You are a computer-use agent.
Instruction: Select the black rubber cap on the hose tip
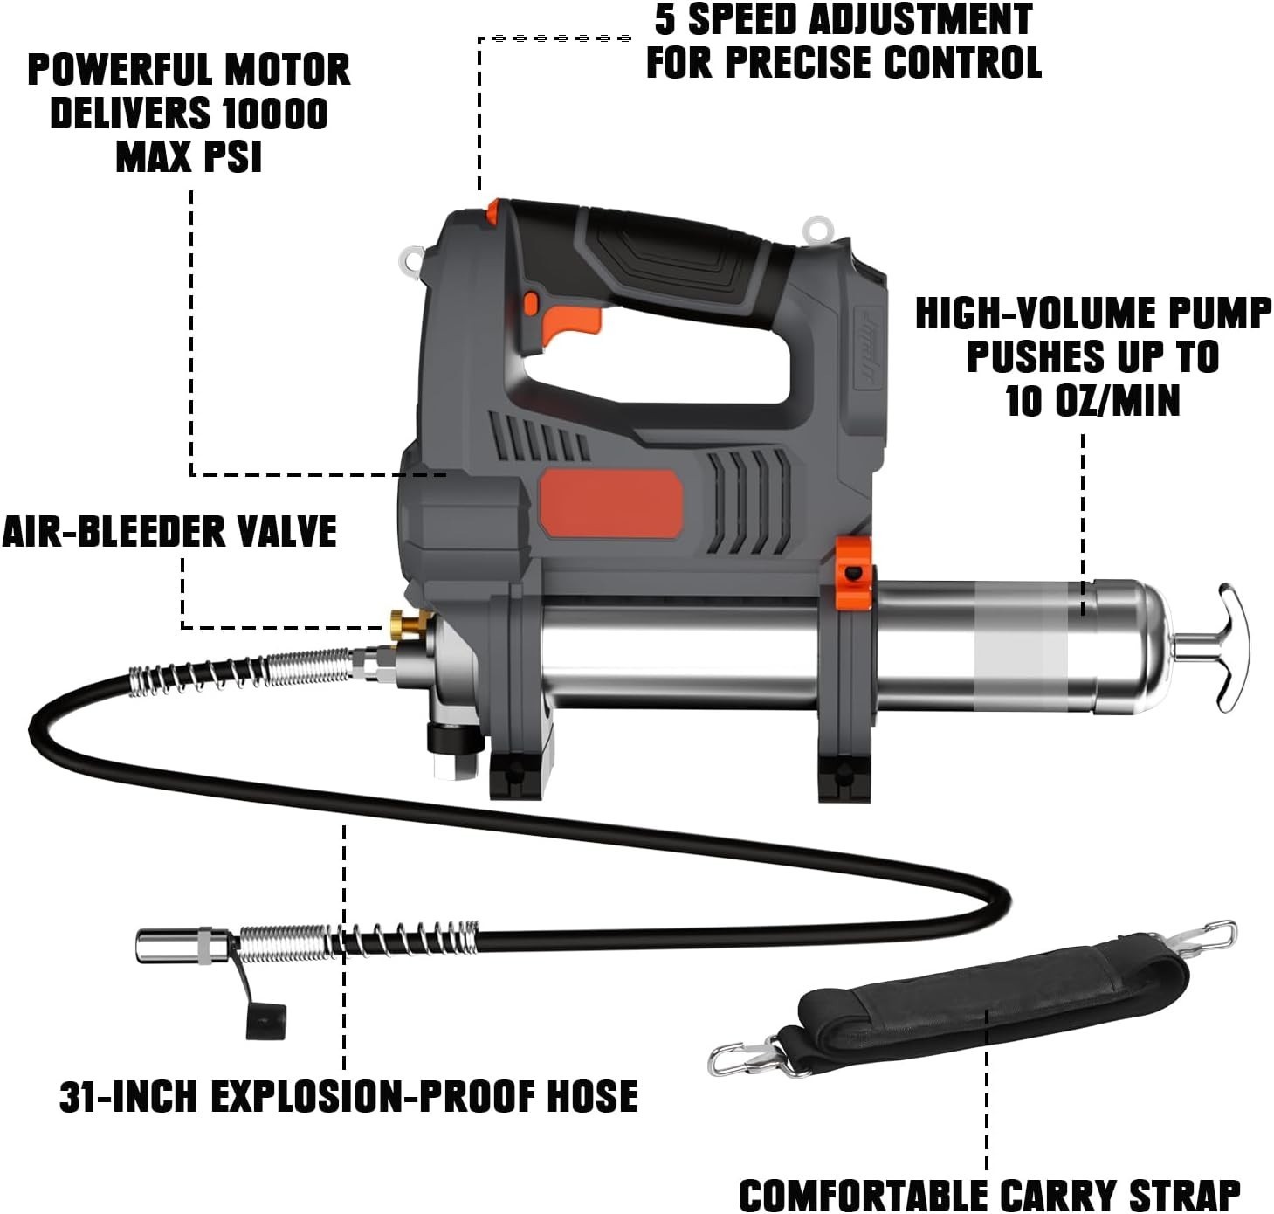[x=265, y=1022]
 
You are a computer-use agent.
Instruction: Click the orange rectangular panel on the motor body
[x=611, y=504]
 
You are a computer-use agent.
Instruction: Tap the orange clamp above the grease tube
[x=854, y=572]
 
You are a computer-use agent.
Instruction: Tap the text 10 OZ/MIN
[x=1092, y=401]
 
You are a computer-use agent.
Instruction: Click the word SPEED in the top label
[x=747, y=19]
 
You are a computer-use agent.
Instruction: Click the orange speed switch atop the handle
[x=493, y=212]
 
